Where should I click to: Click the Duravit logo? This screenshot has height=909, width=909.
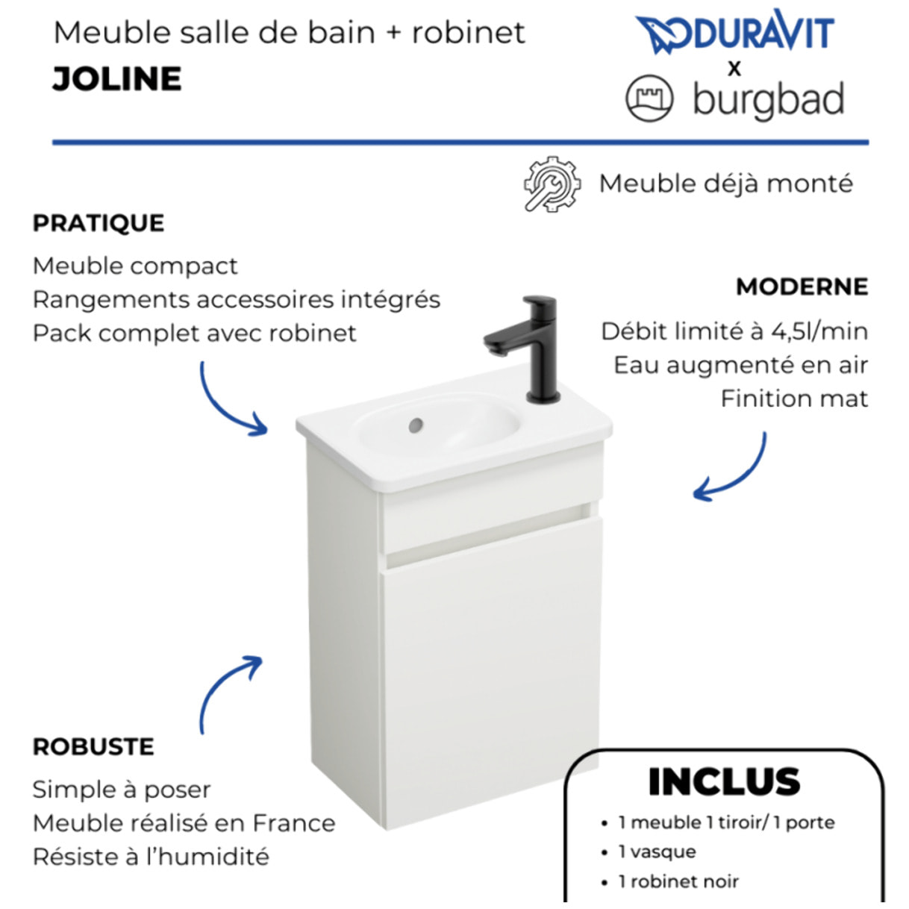click(734, 33)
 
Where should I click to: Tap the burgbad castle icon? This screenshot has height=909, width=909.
click(649, 99)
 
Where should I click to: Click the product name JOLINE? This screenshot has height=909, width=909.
click(117, 79)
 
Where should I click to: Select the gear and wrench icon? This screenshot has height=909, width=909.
click(552, 184)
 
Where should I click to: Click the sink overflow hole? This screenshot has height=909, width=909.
click(416, 425)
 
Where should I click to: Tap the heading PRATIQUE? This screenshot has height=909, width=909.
click(99, 223)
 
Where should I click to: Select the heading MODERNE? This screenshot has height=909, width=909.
click(802, 287)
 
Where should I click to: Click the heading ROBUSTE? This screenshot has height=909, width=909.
click(93, 747)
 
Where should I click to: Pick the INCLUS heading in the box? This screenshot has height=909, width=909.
click(724, 781)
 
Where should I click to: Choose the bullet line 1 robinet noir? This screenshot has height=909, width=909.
click(678, 881)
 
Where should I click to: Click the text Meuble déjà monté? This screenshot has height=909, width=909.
click(725, 184)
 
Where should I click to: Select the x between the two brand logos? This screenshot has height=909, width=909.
click(734, 69)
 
